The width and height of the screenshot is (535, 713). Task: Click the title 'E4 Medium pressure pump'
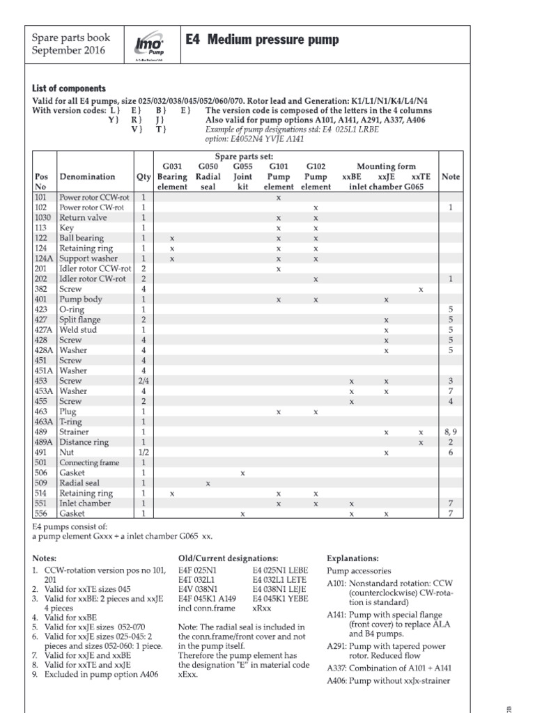(263, 40)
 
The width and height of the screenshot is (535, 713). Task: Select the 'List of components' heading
(69, 88)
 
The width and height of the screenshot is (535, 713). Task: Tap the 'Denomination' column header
(87, 177)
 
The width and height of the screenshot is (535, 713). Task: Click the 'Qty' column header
(144, 177)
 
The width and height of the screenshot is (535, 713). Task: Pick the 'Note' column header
(451, 177)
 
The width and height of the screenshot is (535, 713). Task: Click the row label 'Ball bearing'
(82, 238)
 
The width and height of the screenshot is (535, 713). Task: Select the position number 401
(40, 299)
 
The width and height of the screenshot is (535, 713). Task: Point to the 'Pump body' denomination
(81, 299)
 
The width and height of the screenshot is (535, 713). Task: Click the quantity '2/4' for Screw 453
(144, 381)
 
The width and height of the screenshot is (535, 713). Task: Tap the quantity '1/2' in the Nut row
(144, 453)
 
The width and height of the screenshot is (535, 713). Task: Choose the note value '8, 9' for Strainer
(451, 432)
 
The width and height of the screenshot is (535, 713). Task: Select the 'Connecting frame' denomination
(89, 463)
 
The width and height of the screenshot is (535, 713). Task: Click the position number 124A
(43, 258)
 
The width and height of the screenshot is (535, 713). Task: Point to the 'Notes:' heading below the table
(46, 558)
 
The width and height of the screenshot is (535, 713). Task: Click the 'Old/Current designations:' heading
(228, 558)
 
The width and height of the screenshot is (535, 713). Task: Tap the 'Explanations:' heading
(353, 558)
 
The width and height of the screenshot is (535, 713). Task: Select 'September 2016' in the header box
(68, 52)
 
